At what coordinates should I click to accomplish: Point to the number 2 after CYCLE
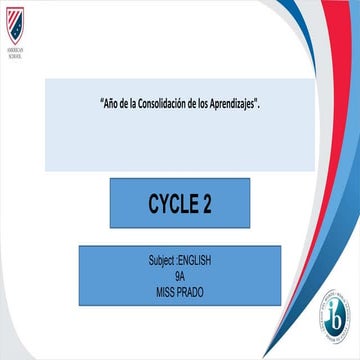[x=206, y=202]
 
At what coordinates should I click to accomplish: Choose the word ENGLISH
[x=195, y=259]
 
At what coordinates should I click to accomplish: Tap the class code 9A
[x=180, y=272]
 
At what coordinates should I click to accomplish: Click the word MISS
[x=166, y=285]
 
